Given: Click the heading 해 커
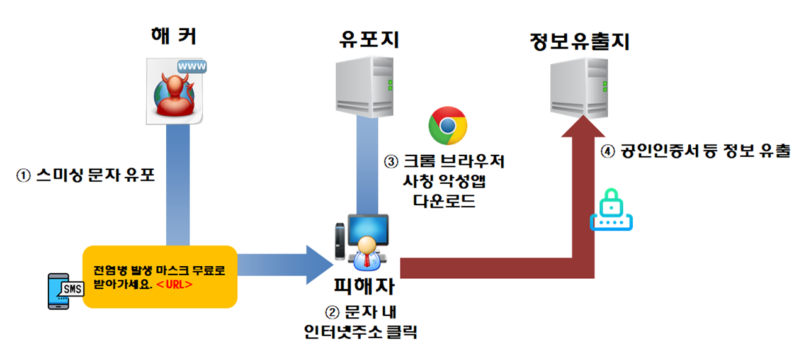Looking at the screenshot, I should click(x=173, y=37).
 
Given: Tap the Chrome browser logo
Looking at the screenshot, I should click(x=447, y=126).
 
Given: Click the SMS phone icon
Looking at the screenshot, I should click(x=62, y=291).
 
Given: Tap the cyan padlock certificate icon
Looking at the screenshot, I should click(x=611, y=210).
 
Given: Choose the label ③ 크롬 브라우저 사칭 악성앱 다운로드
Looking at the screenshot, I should click(x=445, y=181).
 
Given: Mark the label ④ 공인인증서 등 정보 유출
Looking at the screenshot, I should click(x=696, y=152).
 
